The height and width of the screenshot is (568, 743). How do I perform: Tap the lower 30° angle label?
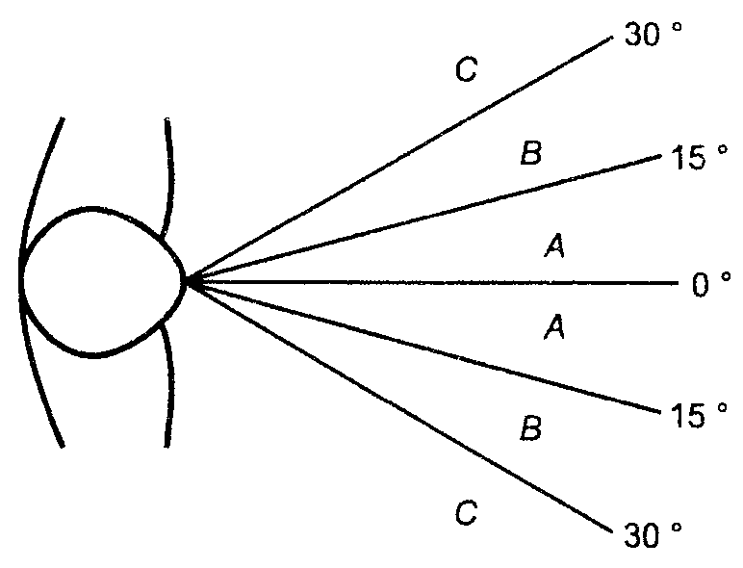coord(653,535)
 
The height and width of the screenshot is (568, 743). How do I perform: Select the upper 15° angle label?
coord(699,157)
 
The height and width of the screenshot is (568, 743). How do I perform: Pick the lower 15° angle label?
coord(699,415)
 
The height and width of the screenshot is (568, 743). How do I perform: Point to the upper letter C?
coord(466,69)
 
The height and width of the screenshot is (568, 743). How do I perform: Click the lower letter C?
coord(466,512)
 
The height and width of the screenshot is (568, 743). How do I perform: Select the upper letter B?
coord(530,153)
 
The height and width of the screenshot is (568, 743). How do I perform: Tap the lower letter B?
coord(530,427)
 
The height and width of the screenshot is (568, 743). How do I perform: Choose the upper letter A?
coord(555,246)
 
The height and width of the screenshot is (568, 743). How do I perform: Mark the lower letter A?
coord(555,327)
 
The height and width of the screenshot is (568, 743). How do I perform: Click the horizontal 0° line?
coord(433,283)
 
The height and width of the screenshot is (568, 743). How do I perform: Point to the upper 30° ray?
coord(400,159)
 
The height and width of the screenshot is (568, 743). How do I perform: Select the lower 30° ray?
coord(400,407)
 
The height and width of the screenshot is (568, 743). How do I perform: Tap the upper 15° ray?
coord(425,219)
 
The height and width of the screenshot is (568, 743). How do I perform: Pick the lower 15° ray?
coord(425,348)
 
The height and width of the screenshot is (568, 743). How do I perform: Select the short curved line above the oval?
coord(169,175)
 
